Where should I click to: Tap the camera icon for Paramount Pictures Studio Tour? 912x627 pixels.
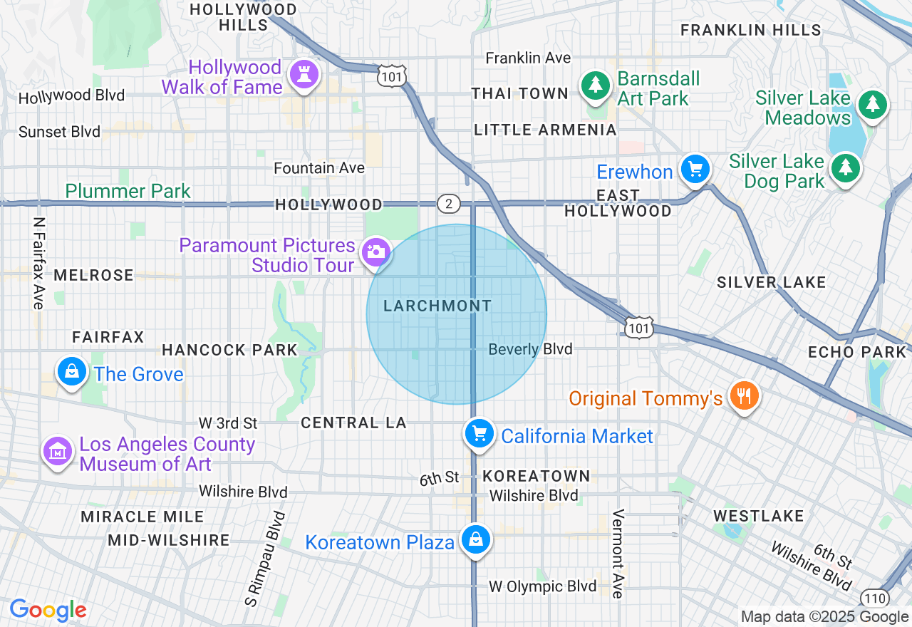tap(375, 252)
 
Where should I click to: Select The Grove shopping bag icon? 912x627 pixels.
tap(72, 372)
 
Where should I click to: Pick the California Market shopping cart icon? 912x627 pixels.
tap(480, 433)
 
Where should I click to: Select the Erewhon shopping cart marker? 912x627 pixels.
tap(695, 170)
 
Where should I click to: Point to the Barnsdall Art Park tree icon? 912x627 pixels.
tap(594, 86)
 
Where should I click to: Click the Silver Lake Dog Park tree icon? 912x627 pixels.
tap(846, 168)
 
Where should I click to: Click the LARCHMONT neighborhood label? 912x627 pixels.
tap(437, 306)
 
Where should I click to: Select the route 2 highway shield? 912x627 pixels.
tap(449, 203)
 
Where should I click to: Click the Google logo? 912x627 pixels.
tap(48, 610)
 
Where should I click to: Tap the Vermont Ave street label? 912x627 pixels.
tap(618, 554)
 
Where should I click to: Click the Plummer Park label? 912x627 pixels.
tap(128, 191)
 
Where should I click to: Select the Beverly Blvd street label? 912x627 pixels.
tap(530, 349)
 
